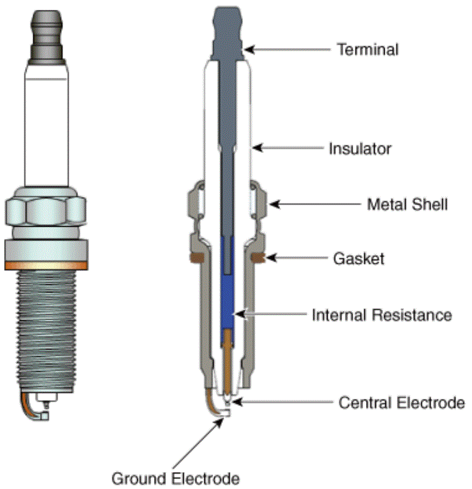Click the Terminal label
click(x=368, y=49)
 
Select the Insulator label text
click(x=360, y=149)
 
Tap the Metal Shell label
click(x=407, y=205)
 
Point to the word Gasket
click(x=359, y=259)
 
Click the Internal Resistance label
click(x=382, y=315)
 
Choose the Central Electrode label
click(x=402, y=402)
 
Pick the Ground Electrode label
click(x=176, y=479)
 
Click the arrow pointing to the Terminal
click(x=287, y=49)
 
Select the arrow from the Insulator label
click(x=288, y=148)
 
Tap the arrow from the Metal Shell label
click(x=315, y=205)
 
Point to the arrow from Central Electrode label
click(x=282, y=402)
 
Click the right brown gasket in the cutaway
click(x=258, y=258)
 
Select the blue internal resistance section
click(x=227, y=290)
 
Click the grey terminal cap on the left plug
click(x=47, y=37)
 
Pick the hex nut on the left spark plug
click(x=46, y=207)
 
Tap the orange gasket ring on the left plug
click(x=46, y=266)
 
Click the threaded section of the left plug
click(x=46, y=331)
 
